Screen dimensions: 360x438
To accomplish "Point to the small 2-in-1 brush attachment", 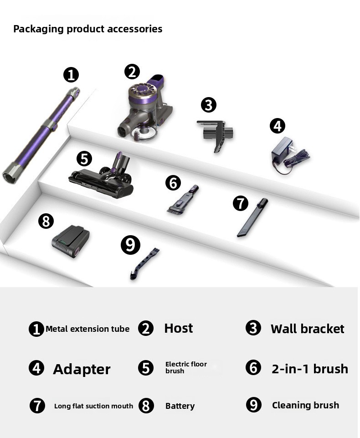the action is [183, 199].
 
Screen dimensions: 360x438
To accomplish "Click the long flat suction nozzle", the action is [252, 217].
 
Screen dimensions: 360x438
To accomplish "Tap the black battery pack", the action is [71, 241].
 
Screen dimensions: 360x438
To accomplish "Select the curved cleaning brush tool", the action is [144, 263].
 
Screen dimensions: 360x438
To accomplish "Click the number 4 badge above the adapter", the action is [278, 126].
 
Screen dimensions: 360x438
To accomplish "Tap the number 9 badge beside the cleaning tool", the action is [130, 245].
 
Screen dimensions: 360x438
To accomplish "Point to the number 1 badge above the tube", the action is [71, 75].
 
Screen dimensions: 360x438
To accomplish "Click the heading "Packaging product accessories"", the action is [87, 29].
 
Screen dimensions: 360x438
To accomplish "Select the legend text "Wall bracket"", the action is [307, 329].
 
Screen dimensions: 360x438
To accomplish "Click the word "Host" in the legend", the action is [179, 328].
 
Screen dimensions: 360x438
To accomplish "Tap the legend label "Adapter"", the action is [82, 369].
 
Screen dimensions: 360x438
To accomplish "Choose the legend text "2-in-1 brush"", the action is [310, 369].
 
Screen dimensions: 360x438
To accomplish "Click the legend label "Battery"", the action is [180, 406].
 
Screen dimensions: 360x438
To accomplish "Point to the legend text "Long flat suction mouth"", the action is [93, 406].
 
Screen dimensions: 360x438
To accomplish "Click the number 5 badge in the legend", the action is [146, 368].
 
